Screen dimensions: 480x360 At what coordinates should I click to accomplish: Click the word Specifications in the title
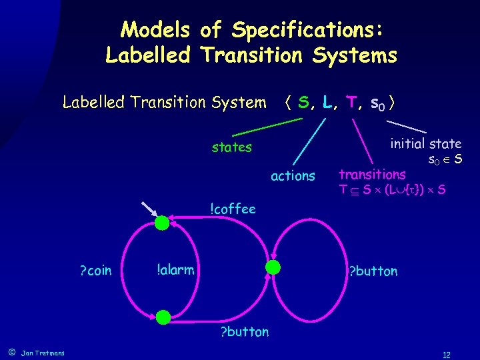(x=307, y=29)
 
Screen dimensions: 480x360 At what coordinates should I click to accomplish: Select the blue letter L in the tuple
(x=327, y=103)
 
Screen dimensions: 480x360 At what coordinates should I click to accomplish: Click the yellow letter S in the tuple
(x=304, y=103)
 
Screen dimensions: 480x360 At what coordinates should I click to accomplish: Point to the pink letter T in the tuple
(x=351, y=103)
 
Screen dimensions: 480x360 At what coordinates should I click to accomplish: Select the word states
(x=231, y=147)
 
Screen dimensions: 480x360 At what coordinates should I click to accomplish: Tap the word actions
(x=293, y=176)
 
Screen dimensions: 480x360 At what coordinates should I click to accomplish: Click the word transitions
(x=372, y=175)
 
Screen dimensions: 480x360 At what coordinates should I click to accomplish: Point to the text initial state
(x=425, y=144)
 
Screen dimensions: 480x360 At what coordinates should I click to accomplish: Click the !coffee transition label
(x=233, y=209)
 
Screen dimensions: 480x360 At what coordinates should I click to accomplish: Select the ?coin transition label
(x=95, y=270)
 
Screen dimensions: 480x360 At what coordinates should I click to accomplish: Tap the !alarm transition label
(x=175, y=269)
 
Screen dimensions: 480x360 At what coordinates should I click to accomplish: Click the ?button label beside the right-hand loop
(x=374, y=271)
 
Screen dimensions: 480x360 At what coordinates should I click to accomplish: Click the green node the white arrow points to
(x=162, y=223)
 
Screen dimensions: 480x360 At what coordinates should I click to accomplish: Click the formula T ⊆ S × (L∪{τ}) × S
(x=392, y=190)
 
